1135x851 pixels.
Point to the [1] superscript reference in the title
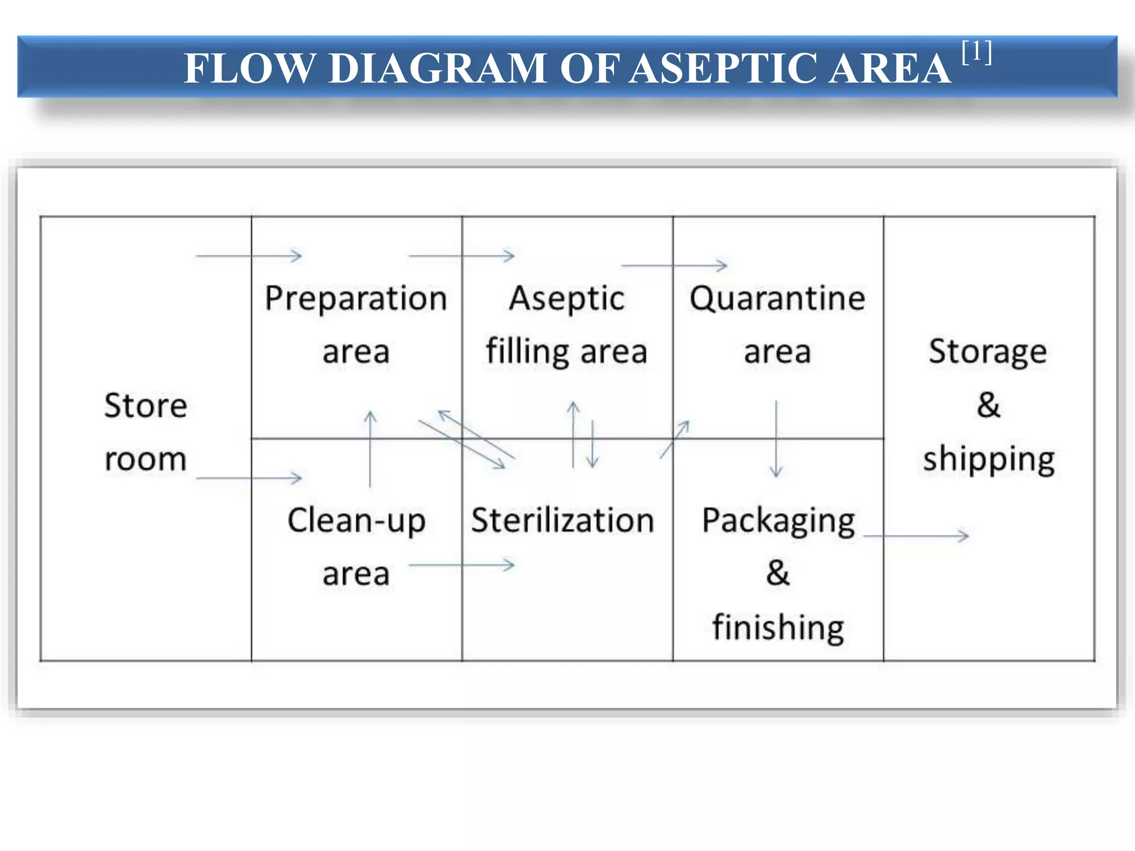click(x=977, y=53)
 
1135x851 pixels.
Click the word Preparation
click(x=356, y=299)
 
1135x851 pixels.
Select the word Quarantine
click(x=777, y=299)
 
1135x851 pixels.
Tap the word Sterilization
click(x=563, y=521)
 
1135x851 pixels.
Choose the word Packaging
click(x=778, y=522)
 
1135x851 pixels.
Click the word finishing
click(x=778, y=628)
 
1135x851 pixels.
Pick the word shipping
click(x=989, y=460)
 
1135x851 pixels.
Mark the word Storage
click(x=988, y=352)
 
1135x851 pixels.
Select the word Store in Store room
click(x=146, y=406)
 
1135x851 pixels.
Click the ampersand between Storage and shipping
click(x=989, y=405)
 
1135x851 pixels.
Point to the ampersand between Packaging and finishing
click(x=778, y=573)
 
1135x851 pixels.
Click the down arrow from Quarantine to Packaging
click(x=776, y=438)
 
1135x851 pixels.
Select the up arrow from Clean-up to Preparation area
click(x=370, y=449)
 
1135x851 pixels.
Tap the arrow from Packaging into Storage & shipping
click(x=916, y=536)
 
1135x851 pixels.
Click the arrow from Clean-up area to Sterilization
click(x=462, y=565)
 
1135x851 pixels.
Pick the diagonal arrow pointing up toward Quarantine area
click(x=674, y=439)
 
